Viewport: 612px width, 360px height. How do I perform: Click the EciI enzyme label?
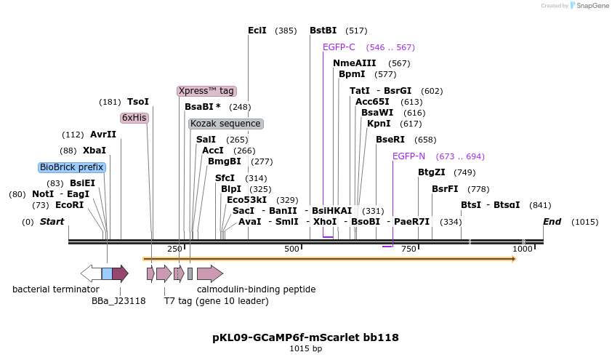point(257,31)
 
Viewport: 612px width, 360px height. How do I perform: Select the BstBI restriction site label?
point(323,31)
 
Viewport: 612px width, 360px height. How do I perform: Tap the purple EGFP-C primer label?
point(339,47)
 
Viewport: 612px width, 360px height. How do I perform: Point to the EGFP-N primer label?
point(408,156)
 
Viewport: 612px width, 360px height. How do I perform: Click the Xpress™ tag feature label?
point(206,91)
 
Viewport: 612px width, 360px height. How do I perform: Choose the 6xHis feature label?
point(134,117)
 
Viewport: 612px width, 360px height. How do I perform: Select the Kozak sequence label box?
point(225,124)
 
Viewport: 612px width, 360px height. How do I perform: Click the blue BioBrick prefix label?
point(72,167)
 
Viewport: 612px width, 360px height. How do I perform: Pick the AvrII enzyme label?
point(103,135)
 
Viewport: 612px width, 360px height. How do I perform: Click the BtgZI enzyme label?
point(432,172)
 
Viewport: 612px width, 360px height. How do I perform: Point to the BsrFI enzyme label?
point(445,189)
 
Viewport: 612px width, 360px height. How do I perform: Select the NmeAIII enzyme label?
point(355,63)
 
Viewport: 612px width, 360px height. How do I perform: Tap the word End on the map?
point(552,221)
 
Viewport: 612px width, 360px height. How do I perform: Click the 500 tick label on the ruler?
point(292,249)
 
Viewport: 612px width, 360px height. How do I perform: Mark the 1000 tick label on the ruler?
point(523,249)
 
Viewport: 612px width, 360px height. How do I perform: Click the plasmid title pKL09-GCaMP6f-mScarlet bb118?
point(305,337)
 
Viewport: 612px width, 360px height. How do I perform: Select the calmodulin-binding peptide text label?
point(256,289)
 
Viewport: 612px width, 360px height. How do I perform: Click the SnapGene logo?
point(590,6)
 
